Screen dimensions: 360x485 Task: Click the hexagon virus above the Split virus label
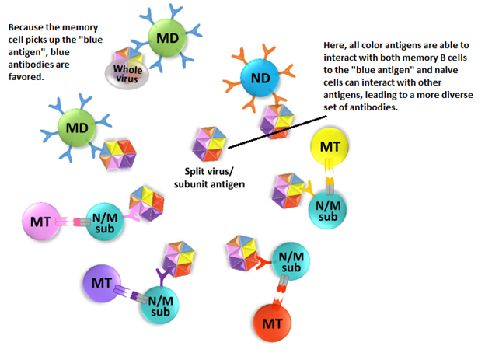click(x=211, y=145)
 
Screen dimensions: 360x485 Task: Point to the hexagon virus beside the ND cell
click(x=277, y=121)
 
